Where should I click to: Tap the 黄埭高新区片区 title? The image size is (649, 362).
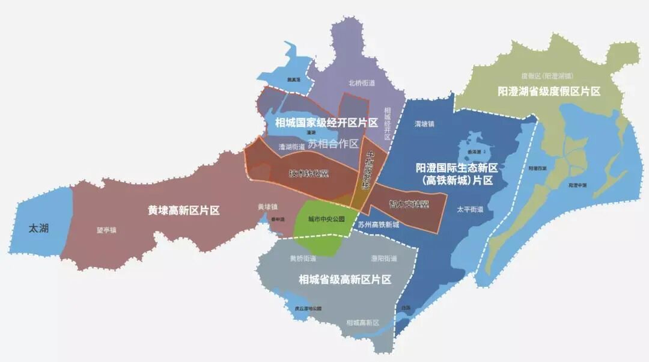[184, 210]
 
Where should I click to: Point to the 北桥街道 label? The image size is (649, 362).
[361, 83]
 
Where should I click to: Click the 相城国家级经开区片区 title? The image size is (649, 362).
[326, 123]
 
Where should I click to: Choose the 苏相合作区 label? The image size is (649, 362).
[333, 144]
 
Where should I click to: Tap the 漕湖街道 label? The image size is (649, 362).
[296, 146]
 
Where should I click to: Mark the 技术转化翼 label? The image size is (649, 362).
[309, 174]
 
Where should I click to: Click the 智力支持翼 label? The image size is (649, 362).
[409, 204]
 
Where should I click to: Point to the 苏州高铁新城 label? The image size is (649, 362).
[378, 225]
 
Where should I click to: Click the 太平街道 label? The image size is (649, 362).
[470, 210]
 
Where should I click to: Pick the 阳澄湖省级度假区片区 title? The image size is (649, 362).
[549, 91]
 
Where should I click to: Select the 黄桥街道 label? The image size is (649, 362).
[303, 259]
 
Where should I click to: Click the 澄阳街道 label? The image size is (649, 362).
[384, 259]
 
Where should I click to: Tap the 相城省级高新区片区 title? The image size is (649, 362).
[345, 280]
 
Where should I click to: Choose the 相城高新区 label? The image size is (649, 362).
[363, 323]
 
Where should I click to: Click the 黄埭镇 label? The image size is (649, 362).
[267, 207]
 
